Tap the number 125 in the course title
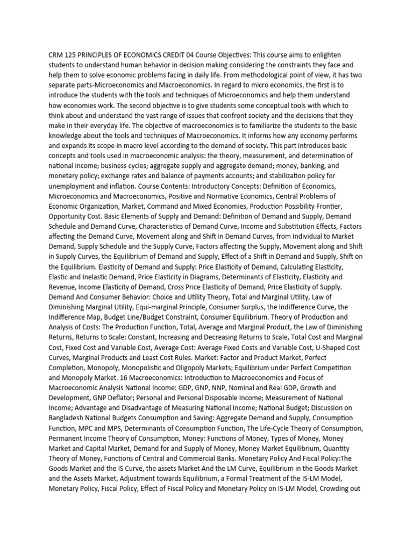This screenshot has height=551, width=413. pos(74,56)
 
